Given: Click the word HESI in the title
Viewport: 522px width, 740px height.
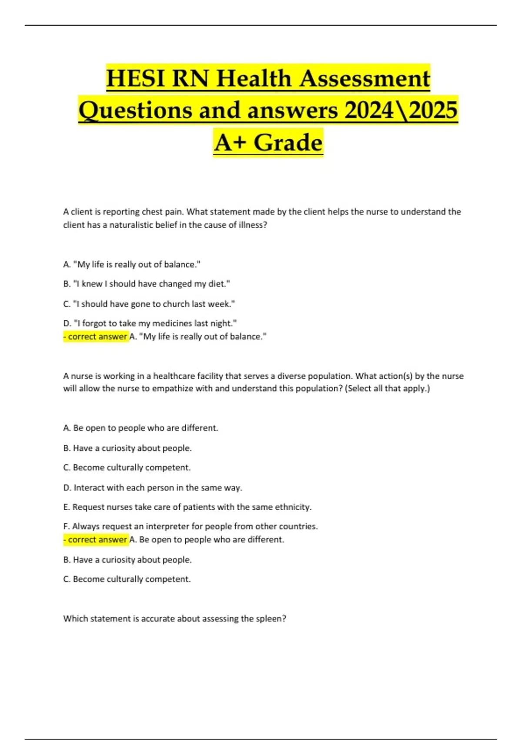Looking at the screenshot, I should (135, 79).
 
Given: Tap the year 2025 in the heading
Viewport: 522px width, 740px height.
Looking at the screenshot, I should (433, 110).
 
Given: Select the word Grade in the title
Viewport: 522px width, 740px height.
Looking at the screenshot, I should (288, 143).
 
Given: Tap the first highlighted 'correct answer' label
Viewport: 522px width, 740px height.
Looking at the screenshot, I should (96, 336).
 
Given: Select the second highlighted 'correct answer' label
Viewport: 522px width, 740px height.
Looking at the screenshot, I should (96, 540).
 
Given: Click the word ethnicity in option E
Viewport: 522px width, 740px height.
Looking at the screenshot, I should (292, 507).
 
